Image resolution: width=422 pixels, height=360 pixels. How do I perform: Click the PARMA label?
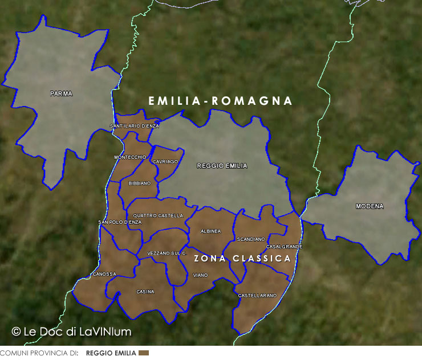point(61,94)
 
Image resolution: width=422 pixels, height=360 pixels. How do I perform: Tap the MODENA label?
point(370,206)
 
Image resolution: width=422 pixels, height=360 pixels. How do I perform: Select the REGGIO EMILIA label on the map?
point(222,166)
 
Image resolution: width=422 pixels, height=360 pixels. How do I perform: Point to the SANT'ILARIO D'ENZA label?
point(135,125)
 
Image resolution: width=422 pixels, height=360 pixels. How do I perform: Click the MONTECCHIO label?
point(130,157)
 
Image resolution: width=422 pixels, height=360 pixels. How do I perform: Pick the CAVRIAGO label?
point(165,162)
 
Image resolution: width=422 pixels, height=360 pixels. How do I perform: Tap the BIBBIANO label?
point(140,183)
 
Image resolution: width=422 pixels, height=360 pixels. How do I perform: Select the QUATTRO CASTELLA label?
point(158,216)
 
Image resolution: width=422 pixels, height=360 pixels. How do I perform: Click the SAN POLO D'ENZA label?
point(120,222)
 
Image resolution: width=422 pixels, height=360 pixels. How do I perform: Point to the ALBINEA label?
point(210,231)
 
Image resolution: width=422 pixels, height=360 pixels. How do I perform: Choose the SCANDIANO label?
point(251,239)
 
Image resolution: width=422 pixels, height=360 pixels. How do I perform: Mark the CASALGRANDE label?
point(284,247)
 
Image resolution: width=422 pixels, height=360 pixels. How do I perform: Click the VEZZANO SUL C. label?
point(167,253)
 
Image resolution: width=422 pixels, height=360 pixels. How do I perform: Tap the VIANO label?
point(200,275)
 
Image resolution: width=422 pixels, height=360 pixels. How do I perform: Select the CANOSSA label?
point(104,274)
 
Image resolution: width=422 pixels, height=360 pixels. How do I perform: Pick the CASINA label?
point(145,292)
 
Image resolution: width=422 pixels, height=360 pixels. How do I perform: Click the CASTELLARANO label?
point(257,296)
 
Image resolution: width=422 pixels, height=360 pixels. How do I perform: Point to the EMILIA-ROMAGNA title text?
point(220,101)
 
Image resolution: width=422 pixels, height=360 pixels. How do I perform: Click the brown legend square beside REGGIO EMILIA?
point(144,353)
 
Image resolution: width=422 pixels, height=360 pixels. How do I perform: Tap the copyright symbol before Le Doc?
point(17,331)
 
